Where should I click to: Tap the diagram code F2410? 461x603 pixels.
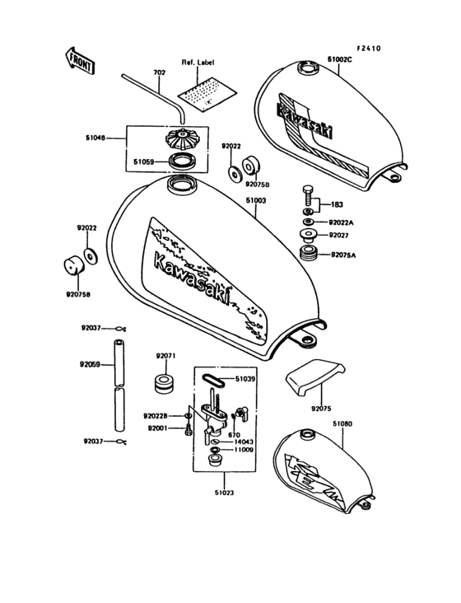[368, 48]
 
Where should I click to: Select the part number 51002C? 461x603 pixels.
[340, 60]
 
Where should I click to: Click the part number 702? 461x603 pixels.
[158, 72]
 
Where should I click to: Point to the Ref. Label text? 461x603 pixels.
[198, 63]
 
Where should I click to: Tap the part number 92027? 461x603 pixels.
[341, 236]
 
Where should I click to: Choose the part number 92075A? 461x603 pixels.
[343, 255]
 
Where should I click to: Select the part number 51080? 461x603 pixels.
[342, 423]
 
